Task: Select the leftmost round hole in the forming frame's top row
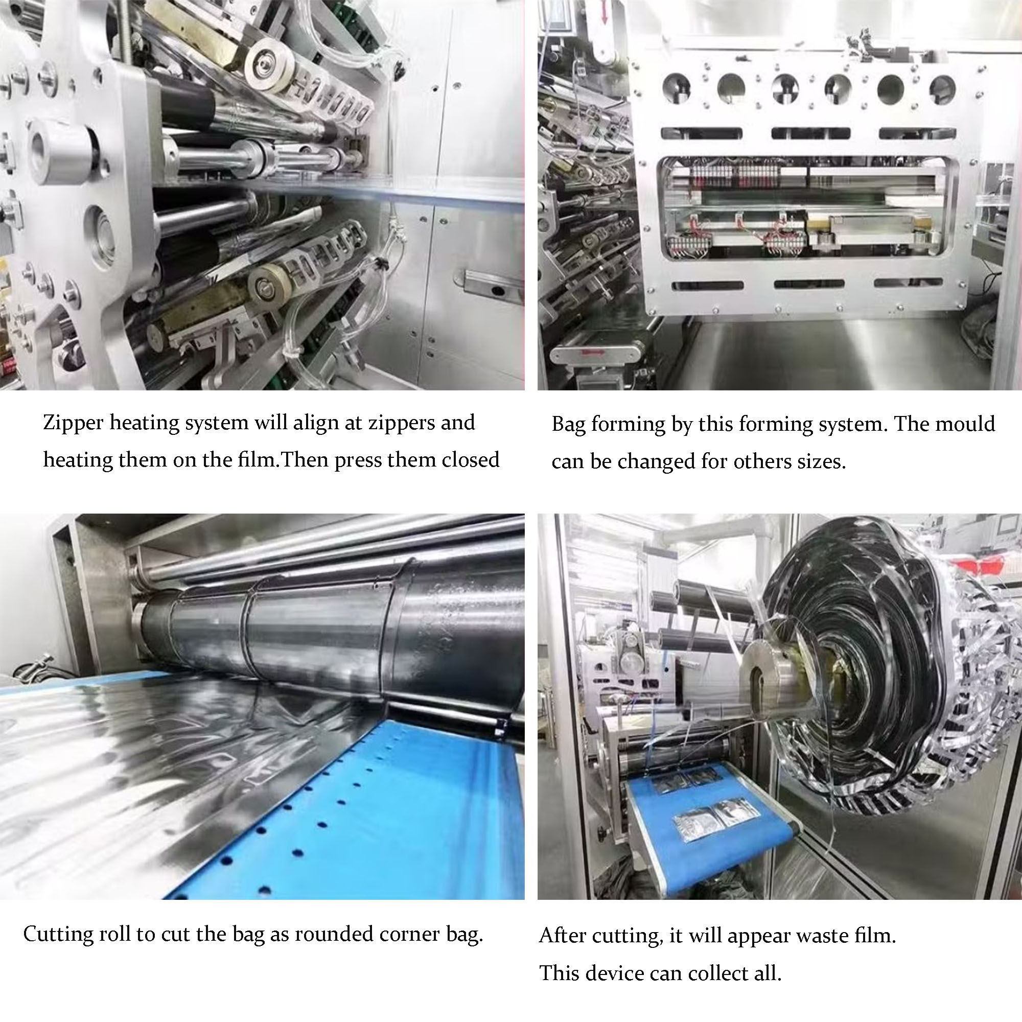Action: (677, 88)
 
